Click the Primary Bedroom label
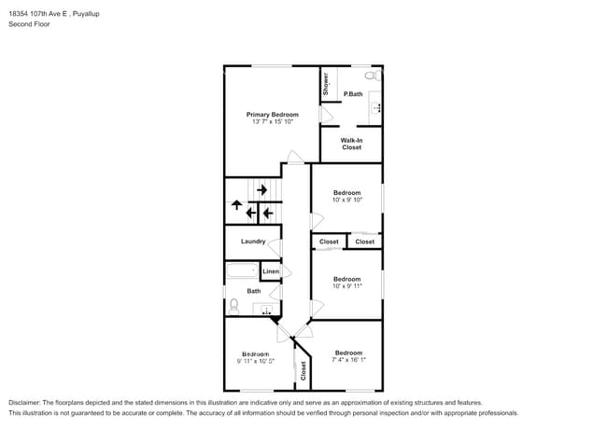tap(272, 115)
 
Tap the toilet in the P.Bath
tap(371, 75)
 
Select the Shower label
tap(326, 83)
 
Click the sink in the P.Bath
tap(376, 108)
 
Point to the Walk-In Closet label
tap(351, 144)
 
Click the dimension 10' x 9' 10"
tap(346, 200)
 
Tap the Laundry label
tap(253, 242)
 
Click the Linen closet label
tap(270, 271)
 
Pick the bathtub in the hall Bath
tap(243, 271)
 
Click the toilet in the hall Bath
tap(233, 304)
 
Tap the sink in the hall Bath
tap(267, 310)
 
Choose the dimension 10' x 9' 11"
tap(346, 285)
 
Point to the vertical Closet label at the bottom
tap(303, 370)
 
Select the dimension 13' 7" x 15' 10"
tap(272, 122)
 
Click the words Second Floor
tap(30, 24)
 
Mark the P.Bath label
tap(353, 94)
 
